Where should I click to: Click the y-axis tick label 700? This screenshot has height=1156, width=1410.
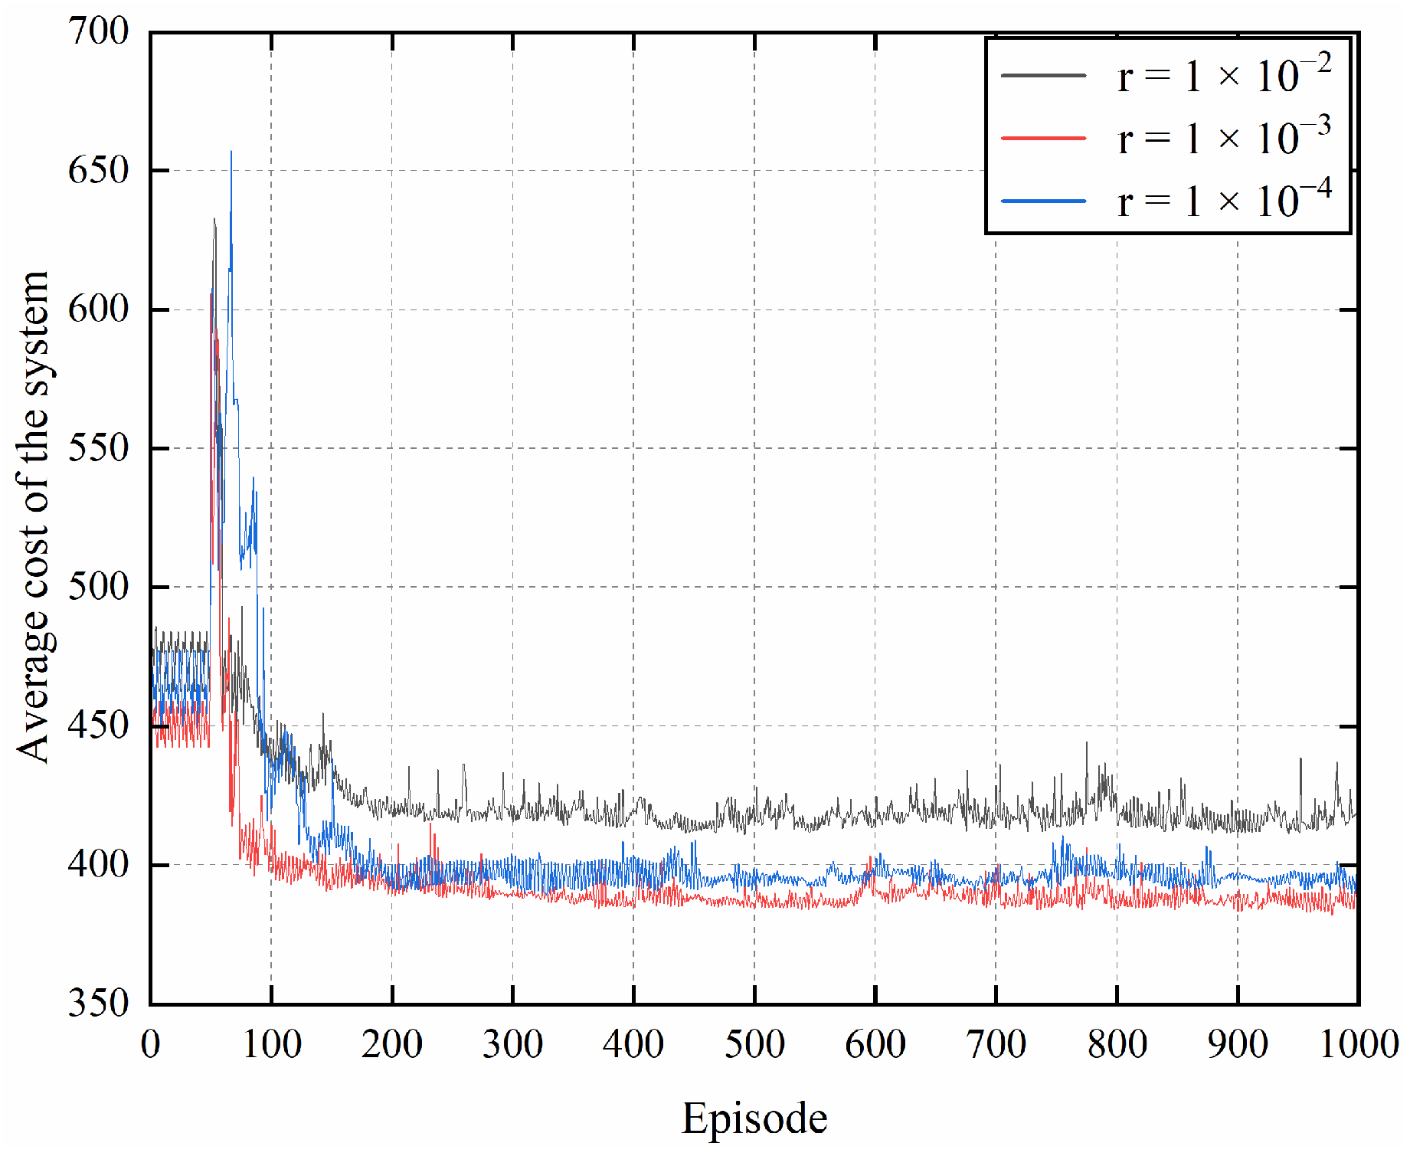point(98,31)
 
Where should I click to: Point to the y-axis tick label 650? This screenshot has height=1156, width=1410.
point(98,169)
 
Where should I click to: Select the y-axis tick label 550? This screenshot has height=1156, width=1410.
point(98,448)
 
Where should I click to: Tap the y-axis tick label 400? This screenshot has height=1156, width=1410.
point(98,864)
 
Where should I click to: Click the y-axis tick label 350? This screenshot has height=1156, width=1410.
point(98,1003)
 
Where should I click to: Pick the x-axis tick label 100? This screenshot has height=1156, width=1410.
point(271,1044)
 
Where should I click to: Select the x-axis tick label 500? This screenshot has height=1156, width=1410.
point(754,1044)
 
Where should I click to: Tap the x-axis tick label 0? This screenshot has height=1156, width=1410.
point(151,1044)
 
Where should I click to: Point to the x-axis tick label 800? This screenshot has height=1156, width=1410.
point(1117,1044)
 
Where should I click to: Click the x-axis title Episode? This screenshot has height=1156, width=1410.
point(754,1118)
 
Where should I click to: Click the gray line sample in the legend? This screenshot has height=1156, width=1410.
point(1043,75)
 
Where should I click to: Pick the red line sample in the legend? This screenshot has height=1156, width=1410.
point(1043,138)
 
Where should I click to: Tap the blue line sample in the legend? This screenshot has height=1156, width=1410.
point(1043,201)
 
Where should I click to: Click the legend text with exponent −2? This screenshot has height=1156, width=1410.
point(1224,75)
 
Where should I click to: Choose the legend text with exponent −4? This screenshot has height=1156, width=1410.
point(1224,201)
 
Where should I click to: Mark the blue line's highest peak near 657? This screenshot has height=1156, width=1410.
point(231,152)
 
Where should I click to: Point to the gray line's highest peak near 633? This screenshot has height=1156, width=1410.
point(214,219)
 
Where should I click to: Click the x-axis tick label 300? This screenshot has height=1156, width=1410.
point(512,1044)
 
